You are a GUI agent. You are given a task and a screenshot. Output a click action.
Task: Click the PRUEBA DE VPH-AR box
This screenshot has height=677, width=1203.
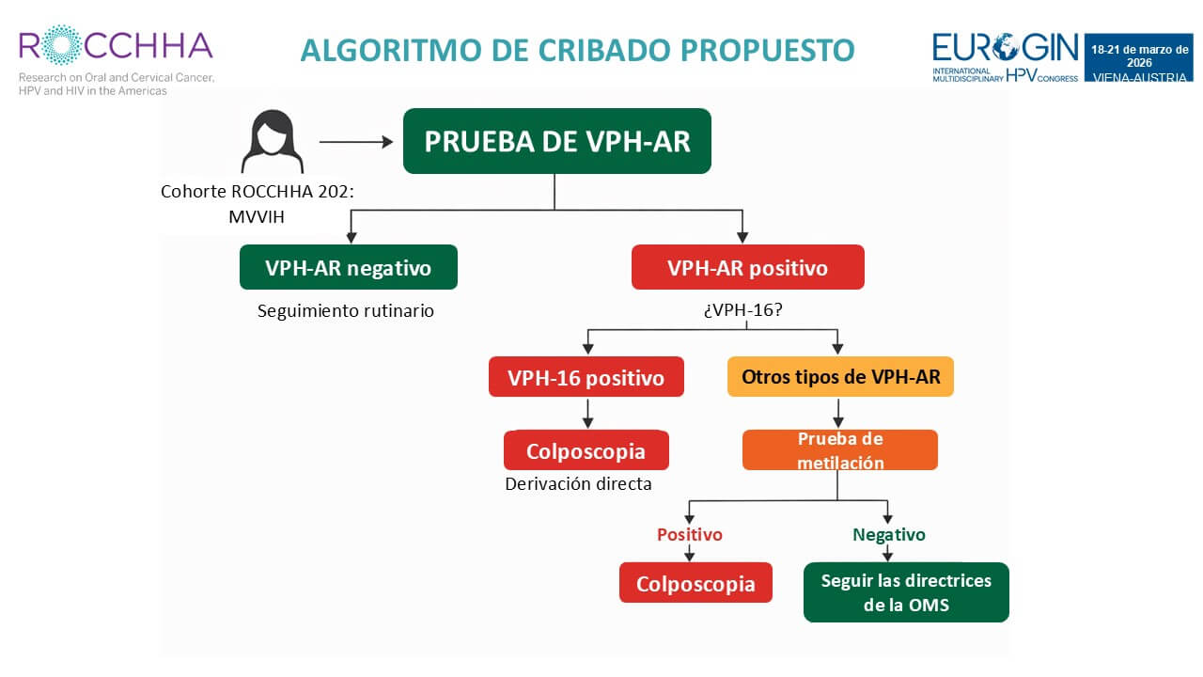[556, 141]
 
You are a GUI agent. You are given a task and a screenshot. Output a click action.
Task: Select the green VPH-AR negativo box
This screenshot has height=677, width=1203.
[348, 267]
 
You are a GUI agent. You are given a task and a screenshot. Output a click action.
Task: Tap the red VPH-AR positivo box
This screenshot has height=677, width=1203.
[747, 267]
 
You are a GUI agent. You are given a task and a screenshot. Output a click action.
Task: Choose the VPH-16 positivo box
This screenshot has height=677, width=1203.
[586, 377]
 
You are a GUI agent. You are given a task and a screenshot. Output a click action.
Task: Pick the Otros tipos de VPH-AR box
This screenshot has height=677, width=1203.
[840, 377]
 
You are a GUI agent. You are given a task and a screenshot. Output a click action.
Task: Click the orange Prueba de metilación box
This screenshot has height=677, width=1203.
[840, 450]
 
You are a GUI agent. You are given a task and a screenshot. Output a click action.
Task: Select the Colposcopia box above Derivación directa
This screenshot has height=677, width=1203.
[586, 450]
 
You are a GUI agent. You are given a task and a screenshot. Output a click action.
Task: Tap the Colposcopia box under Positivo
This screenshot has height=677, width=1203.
[695, 583]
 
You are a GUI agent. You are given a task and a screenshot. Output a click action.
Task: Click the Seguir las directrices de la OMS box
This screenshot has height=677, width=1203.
[906, 592]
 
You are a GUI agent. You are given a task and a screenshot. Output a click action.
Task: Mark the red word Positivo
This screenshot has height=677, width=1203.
[689, 534]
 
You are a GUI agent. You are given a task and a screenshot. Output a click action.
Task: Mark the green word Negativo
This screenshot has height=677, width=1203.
[888, 534]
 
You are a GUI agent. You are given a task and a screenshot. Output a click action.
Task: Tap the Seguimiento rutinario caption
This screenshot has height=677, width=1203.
[346, 309]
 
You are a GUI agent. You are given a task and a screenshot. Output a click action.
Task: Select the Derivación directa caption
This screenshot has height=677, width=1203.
[578, 484]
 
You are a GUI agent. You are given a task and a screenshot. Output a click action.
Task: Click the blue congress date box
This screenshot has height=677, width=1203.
[1140, 58]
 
